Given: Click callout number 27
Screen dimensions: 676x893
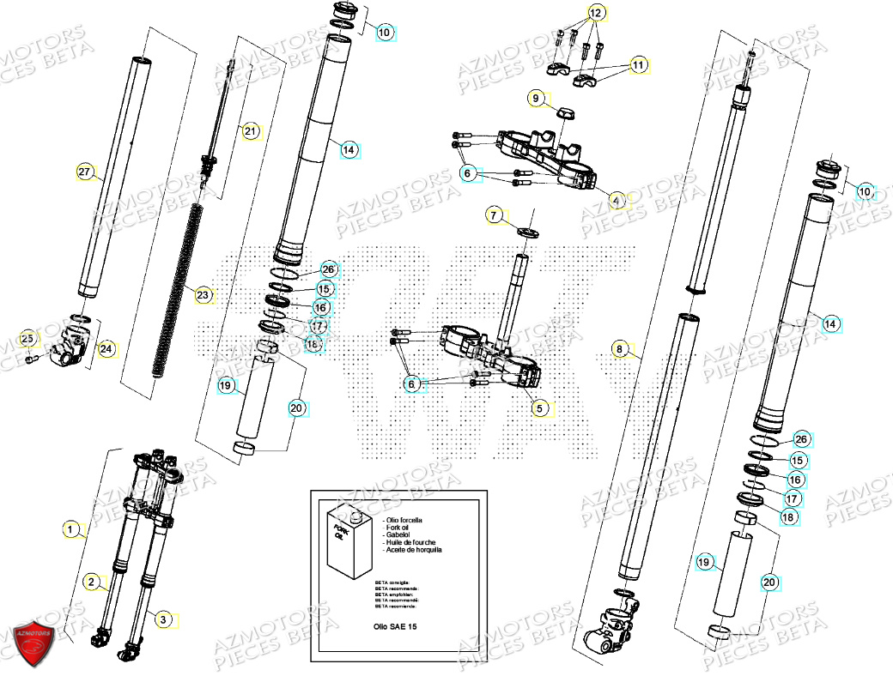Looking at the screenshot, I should (83, 172).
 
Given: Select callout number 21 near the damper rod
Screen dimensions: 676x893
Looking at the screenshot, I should (250, 131).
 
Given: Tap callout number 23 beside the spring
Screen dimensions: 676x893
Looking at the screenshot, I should (202, 296).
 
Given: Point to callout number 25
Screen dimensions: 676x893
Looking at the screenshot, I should (27, 338).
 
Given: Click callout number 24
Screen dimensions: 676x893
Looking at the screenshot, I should (106, 349).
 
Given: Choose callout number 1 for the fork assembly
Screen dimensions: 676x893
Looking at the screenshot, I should (71, 530).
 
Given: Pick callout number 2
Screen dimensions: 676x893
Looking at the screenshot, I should (90, 582).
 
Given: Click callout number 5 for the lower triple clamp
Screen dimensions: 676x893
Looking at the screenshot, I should (539, 408).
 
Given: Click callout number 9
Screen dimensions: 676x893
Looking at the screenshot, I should (536, 99).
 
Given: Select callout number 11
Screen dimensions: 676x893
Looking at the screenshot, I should (637, 64).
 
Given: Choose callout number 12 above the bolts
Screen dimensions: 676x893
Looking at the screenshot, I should (595, 13).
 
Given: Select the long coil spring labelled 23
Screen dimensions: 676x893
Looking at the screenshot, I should (179, 292).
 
